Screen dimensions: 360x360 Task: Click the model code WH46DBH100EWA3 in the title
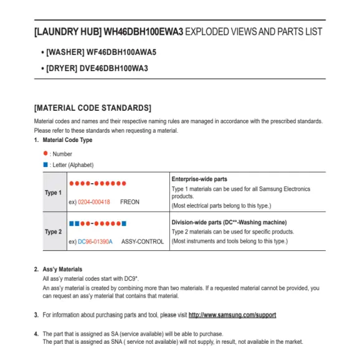click(x=144, y=31)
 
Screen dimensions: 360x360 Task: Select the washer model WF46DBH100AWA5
click(x=121, y=52)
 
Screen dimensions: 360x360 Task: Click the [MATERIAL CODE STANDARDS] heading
click(x=92, y=108)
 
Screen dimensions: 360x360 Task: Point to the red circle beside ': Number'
click(x=45, y=153)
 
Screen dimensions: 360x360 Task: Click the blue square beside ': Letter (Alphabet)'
click(x=45, y=165)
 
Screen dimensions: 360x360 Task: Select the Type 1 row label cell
click(x=53, y=193)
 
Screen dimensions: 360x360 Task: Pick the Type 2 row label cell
click(x=53, y=232)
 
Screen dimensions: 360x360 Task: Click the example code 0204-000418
click(x=94, y=202)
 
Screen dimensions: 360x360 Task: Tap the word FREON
click(x=130, y=202)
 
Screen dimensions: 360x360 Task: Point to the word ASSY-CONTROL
click(x=143, y=242)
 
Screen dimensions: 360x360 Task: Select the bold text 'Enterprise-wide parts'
click(x=199, y=179)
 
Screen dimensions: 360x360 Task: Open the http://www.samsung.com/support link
click(x=232, y=315)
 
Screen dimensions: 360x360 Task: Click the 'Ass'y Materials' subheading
click(x=62, y=269)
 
